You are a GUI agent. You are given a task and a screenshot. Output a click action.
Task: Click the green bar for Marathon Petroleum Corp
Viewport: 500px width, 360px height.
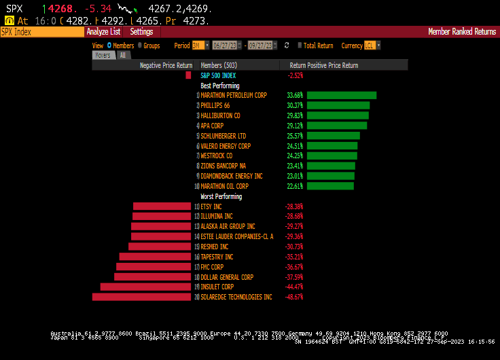tap(341, 95)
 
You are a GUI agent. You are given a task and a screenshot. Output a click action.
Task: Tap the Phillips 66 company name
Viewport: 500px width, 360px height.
tap(215, 105)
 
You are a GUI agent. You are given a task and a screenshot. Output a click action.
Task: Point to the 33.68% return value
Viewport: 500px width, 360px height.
tap(295, 95)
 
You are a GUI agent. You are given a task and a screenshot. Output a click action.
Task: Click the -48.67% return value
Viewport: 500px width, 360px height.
tap(293, 297)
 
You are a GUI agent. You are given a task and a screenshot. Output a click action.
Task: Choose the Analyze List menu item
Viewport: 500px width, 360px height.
tap(103, 31)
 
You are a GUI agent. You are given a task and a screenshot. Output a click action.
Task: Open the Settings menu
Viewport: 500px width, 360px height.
tap(141, 31)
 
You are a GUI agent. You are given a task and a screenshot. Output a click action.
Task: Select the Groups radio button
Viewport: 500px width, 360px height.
tap(140, 46)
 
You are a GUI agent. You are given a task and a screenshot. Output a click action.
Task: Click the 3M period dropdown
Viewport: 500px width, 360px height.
tap(200, 46)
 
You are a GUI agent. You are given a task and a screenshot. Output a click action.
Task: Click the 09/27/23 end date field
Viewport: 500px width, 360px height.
tap(262, 46)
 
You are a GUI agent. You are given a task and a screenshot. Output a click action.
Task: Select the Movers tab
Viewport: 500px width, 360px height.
tap(103, 55)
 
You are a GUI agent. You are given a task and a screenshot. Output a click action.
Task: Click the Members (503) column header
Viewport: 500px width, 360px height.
tap(219, 65)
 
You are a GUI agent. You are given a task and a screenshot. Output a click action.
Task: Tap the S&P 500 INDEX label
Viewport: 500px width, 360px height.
tap(217, 75)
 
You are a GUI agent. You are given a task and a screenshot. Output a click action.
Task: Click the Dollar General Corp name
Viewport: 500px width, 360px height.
tap(227, 276)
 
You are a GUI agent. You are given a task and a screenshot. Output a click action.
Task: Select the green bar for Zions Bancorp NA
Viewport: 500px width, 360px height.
tap(331, 166)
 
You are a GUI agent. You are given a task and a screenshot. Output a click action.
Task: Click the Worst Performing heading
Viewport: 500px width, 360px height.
tap(221, 196)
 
